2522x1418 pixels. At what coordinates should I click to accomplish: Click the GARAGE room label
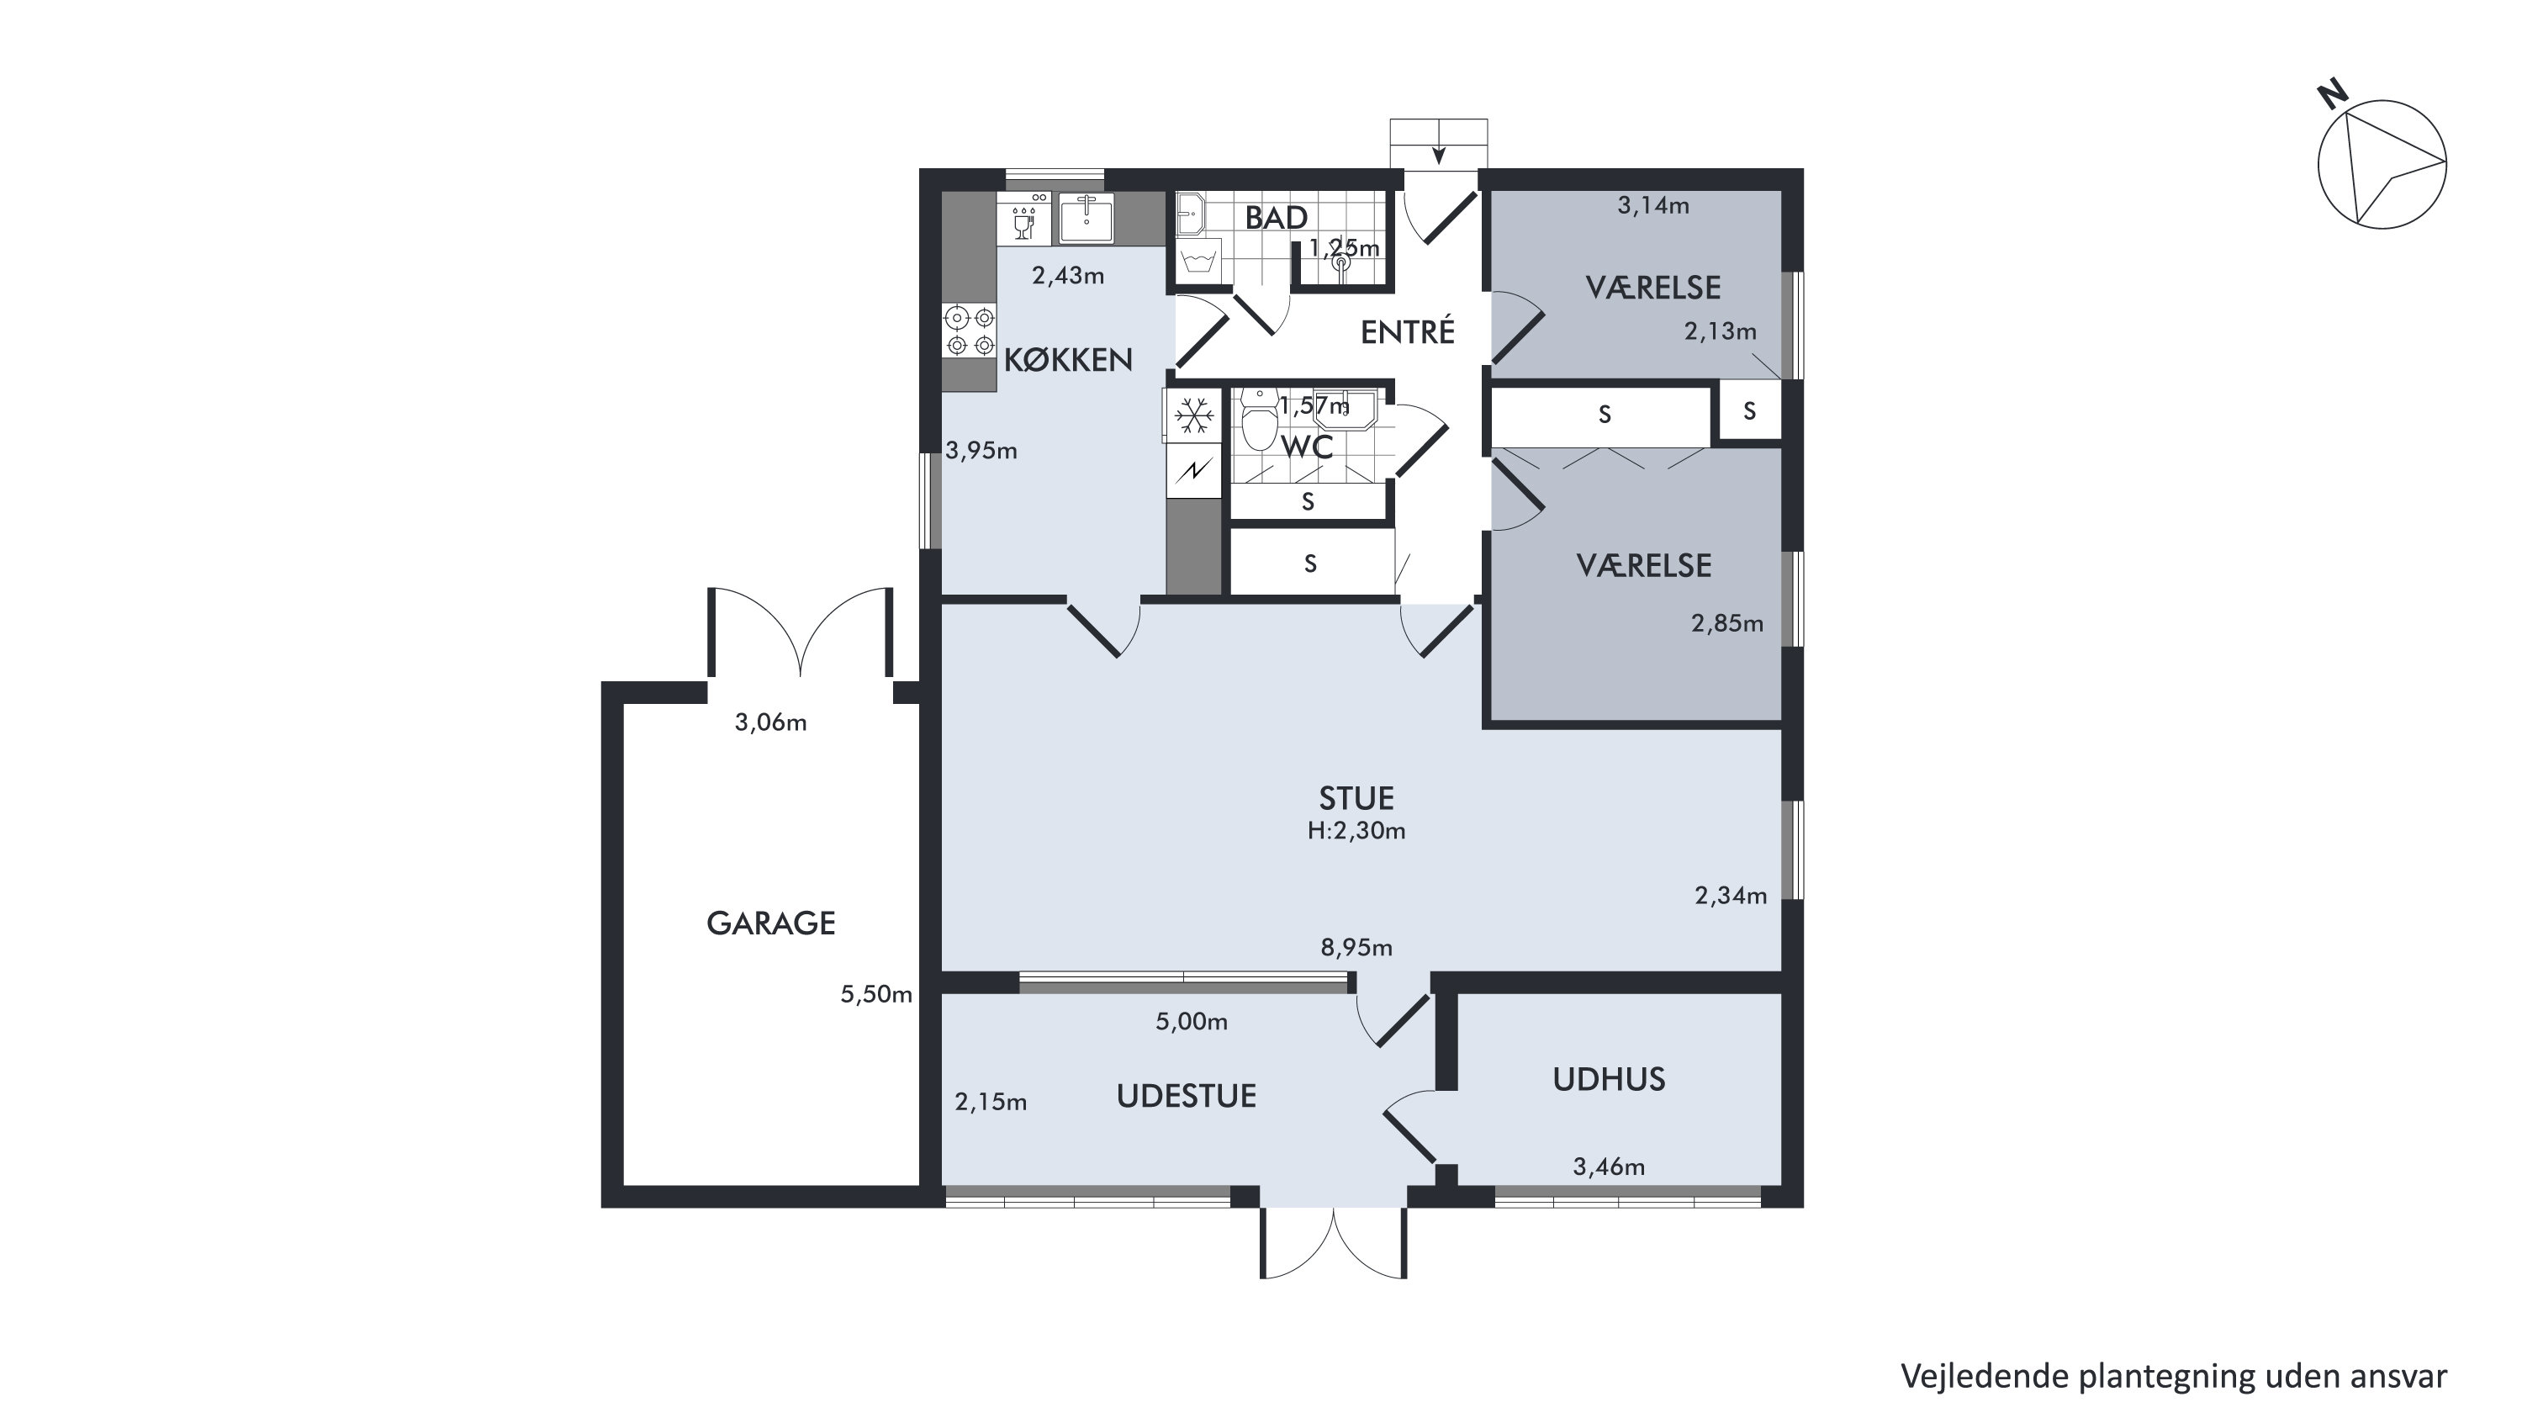click(770, 923)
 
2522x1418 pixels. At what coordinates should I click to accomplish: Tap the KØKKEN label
click(1068, 359)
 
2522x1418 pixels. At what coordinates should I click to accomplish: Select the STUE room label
click(1356, 798)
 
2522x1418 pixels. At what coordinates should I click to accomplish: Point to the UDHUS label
click(1609, 1079)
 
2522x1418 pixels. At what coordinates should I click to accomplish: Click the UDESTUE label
click(1186, 1096)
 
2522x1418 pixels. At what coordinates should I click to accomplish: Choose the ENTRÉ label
click(1408, 332)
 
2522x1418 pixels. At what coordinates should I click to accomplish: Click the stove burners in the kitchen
click(970, 331)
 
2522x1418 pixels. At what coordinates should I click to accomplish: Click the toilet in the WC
click(1259, 421)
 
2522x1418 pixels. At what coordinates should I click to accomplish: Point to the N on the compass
click(2334, 95)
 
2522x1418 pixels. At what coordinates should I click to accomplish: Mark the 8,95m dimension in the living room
click(1356, 947)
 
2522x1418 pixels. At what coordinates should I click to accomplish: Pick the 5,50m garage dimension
click(876, 994)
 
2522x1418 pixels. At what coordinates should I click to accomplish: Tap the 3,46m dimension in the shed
click(1609, 1167)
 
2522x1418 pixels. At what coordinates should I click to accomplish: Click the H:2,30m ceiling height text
click(1356, 830)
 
